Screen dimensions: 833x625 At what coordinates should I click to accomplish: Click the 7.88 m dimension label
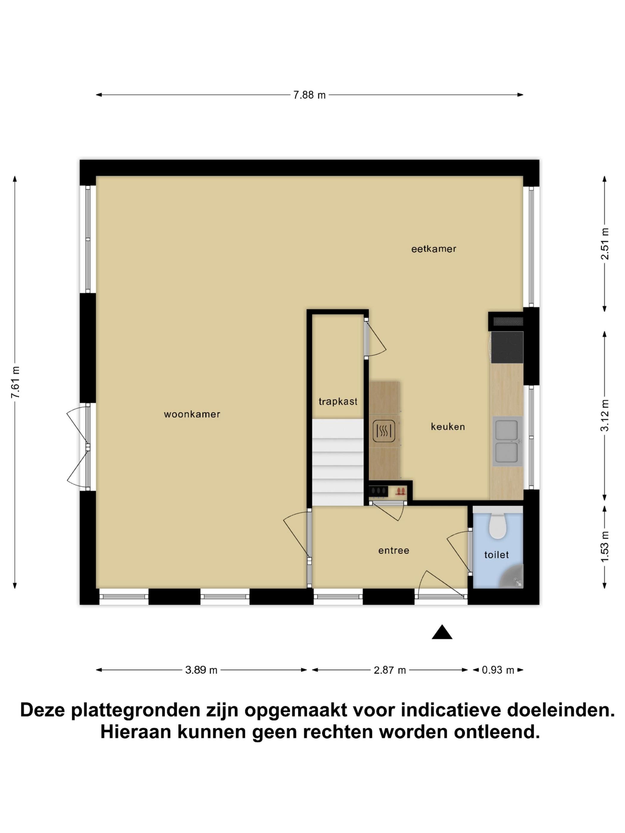(x=309, y=95)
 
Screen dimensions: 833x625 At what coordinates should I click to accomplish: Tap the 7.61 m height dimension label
(x=15, y=382)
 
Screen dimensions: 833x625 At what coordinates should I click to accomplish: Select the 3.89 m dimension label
(x=201, y=670)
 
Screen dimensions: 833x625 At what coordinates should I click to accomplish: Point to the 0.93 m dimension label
(x=498, y=670)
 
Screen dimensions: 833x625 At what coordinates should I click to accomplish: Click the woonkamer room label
(x=192, y=414)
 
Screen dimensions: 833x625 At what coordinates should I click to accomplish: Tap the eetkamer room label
(x=434, y=249)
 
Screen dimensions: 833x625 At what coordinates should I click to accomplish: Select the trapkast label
(x=338, y=401)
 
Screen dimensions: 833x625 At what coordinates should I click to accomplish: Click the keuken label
(x=448, y=427)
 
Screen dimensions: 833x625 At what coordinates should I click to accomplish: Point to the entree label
(x=394, y=551)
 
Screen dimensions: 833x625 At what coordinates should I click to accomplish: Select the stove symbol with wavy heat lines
(x=384, y=431)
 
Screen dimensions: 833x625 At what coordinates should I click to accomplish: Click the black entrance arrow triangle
(x=442, y=632)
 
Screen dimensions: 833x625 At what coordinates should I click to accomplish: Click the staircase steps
(x=337, y=463)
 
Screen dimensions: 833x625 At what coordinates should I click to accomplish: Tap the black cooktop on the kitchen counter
(x=507, y=347)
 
